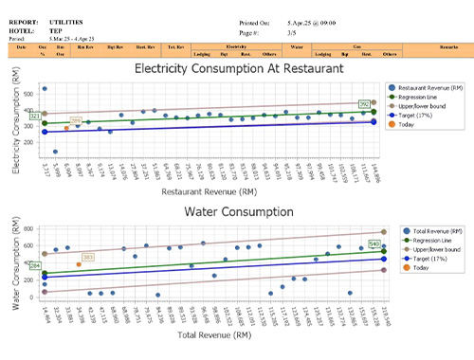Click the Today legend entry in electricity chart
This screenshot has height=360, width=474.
409,124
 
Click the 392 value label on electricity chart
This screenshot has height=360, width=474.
363,104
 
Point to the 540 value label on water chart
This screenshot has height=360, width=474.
374,244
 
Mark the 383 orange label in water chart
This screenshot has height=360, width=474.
88,257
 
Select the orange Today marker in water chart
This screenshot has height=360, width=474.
78,264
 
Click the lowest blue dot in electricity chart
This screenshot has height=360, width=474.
55,152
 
